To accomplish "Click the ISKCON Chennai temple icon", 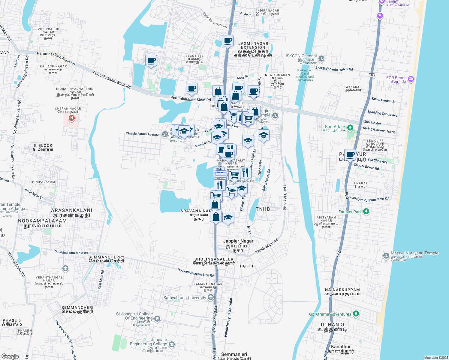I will pos(321,58).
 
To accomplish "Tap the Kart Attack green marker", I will pos(350,128).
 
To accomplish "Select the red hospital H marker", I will pos(71,118).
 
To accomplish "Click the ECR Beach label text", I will pos(396,78).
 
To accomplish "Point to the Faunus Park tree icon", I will pos(366,211).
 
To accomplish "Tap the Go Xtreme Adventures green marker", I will pos(356,314).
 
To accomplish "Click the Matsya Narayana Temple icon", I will pos(386,256).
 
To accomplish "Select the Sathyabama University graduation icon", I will pos(211,297).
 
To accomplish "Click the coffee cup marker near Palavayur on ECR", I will pos(350,155).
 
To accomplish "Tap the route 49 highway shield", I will pos(372,75).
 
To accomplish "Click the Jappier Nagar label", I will pos(238,241).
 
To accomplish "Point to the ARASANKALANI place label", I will pos(71,210).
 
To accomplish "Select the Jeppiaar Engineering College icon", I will pos(171,344).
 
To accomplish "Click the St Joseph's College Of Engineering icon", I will pos(157,319).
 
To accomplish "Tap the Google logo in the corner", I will pos(10,356).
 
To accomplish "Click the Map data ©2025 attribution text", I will pos(436,357).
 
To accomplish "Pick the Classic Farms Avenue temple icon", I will pos(165,134).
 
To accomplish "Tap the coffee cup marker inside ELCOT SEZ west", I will pos(151,61).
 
